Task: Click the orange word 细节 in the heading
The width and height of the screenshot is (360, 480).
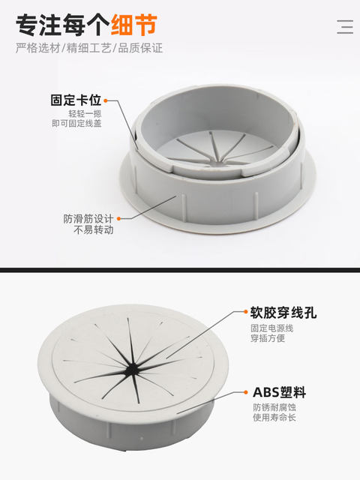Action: click(x=134, y=25)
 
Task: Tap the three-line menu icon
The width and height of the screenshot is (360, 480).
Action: click(x=344, y=26)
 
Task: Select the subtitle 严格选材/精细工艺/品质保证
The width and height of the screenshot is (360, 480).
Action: click(x=89, y=48)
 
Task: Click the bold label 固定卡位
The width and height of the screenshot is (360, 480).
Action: click(x=76, y=100)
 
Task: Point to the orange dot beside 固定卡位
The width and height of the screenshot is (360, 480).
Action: click(x=106, y=100)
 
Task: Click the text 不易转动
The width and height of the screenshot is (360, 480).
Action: click(x=93, y=230)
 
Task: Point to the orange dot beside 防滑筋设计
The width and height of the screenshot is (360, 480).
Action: click(x=118, y=219)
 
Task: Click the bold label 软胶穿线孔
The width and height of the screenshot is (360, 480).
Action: click(x=283, y=313)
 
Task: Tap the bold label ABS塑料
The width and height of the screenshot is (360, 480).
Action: click(x=278, y=392)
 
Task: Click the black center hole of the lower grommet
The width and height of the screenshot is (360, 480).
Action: click(x=133, y=368)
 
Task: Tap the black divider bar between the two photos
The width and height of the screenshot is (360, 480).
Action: click(x=180, y=269)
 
